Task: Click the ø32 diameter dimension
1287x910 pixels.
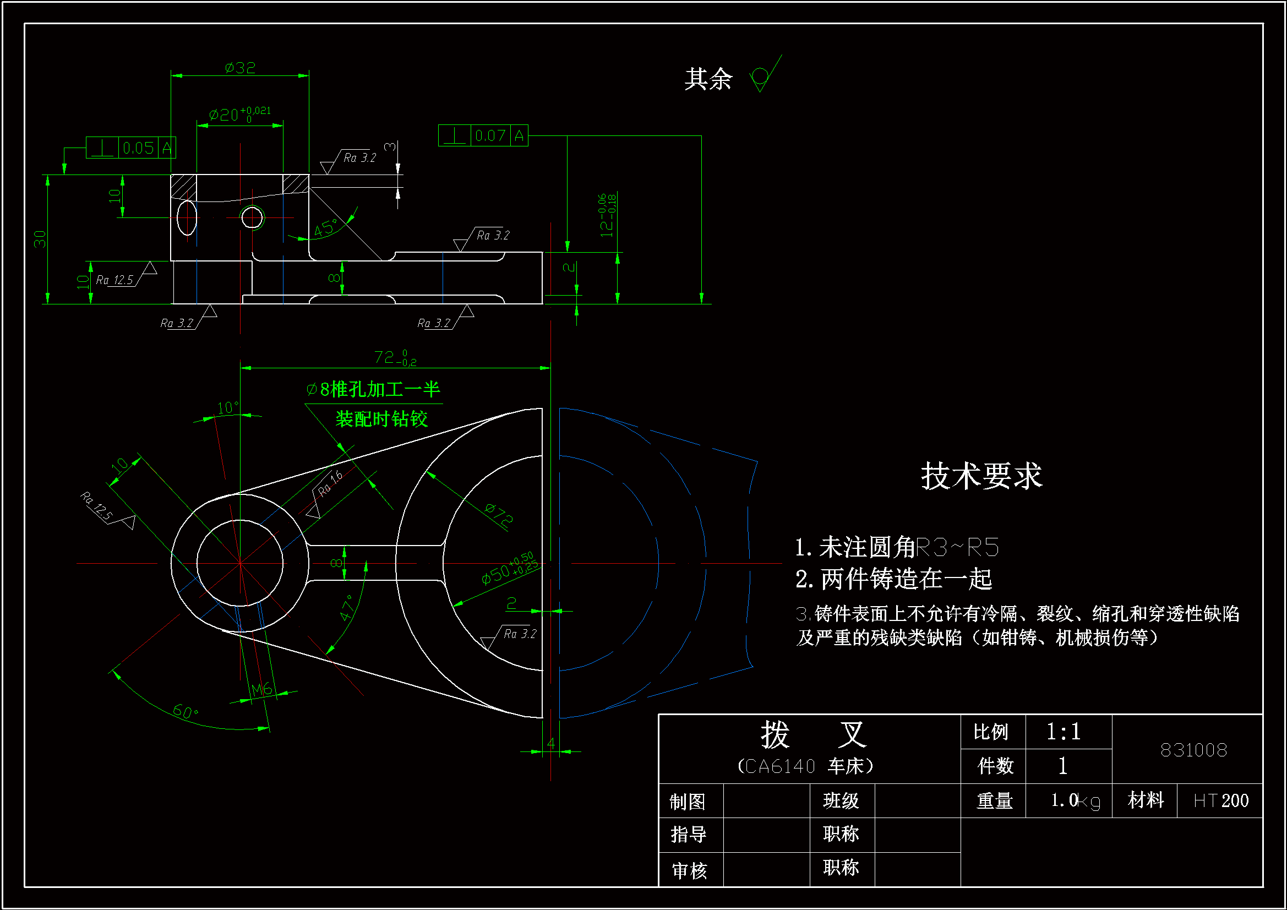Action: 240,68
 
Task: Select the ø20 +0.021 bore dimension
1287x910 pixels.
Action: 239,115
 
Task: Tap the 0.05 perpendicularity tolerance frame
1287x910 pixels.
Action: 130,148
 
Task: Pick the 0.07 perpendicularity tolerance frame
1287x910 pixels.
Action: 483,135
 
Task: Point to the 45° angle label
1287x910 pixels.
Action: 325,227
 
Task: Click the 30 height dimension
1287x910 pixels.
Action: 40,239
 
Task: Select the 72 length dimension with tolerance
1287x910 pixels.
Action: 395,357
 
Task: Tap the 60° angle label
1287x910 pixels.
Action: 185,711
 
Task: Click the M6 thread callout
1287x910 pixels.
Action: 261,689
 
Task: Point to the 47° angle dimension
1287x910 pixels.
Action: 347,608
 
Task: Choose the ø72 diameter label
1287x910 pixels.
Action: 498,515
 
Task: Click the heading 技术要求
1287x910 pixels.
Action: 981,476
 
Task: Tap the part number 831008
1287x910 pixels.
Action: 1193,750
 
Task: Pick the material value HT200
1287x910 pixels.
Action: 1221,800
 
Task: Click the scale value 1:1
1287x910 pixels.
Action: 1064,732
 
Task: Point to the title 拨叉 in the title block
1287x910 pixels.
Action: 814,734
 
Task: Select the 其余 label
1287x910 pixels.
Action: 708,79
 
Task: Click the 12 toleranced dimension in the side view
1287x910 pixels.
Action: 607,215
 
